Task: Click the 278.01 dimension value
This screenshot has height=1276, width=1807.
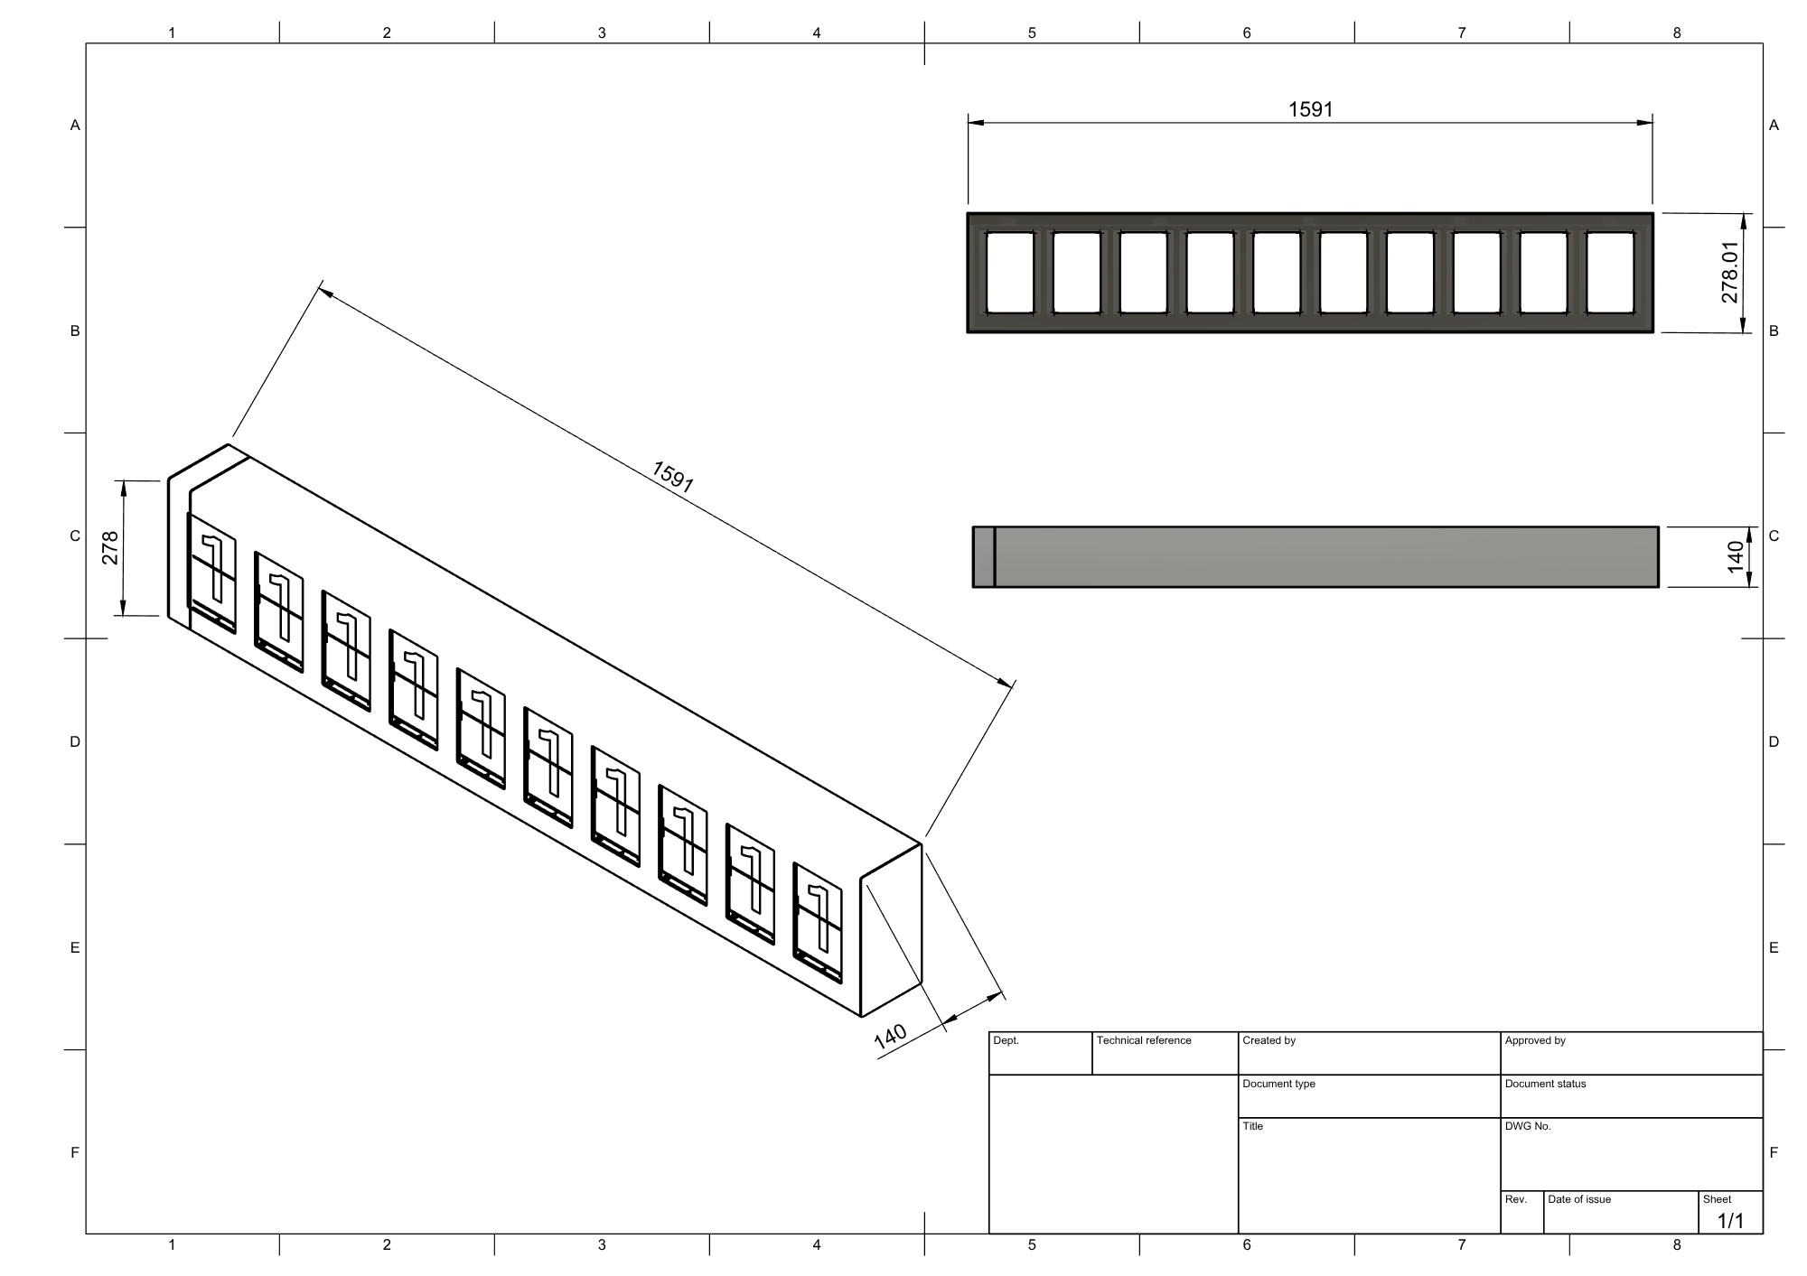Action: (1729, 272)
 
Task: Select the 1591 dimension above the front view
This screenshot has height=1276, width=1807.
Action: (1310, 109)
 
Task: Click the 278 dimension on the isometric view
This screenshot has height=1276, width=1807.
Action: (110, 548)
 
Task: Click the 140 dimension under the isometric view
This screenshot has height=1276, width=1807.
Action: (890, 1037)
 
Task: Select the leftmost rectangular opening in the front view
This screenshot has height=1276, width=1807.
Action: (1009, 273)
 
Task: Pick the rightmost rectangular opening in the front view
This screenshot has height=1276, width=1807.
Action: (1610, 273)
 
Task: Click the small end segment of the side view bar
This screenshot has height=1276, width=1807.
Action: (983, 556)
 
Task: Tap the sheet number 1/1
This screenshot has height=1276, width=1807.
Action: (1730, 1221)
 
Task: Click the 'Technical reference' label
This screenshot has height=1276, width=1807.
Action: (1143, 1040)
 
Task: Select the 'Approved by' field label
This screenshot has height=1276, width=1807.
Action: (1534, 1040)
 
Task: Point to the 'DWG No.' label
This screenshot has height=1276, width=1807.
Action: (1527, 1126)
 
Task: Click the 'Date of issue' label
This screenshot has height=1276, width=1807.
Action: (1578, 1199)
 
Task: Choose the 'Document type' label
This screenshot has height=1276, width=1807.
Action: (1278, 1084)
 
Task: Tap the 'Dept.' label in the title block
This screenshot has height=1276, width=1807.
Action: (1006, 1040)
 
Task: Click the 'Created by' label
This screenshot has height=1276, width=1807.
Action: (1269, 1040)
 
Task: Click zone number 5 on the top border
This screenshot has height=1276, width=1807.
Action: (1032, 33)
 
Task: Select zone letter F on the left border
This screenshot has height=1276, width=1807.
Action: (75, 1152)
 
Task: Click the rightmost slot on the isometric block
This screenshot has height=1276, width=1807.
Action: (818, 921)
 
